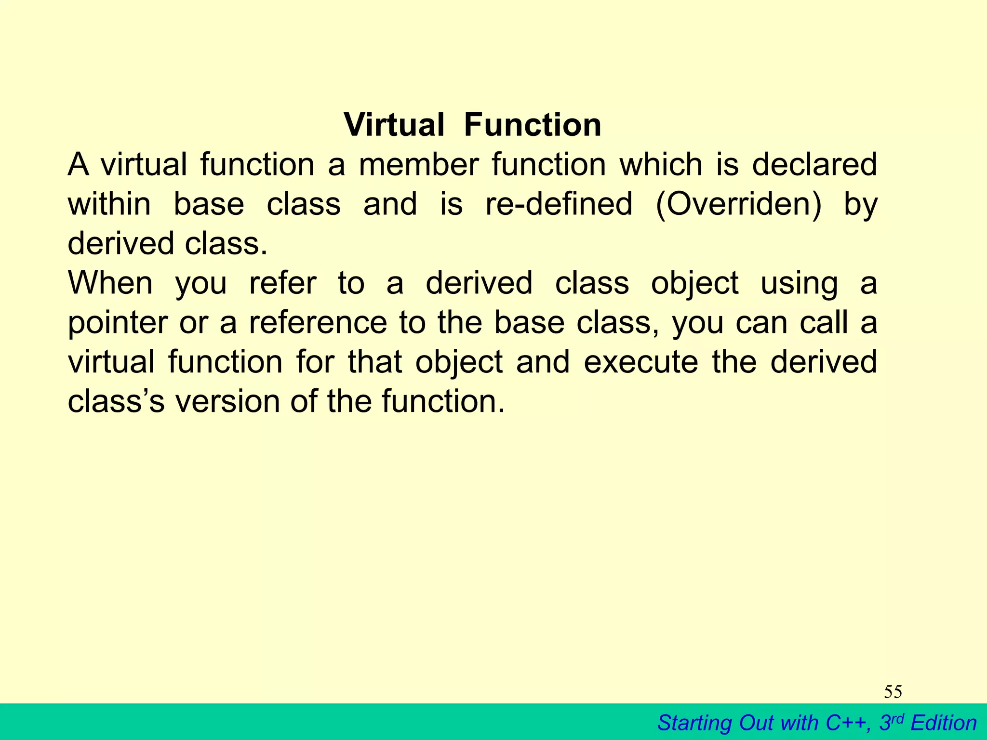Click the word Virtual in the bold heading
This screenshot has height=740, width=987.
pyautogui.click(x=394, y=125)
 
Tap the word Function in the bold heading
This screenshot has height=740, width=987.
pyautogui.click(x=533, y=125)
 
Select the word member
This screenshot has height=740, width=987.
pyautogui.click(x=418, y=165)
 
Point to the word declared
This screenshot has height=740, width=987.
pyautogui.click(x=814, y=165)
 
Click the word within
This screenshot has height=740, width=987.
pyautogui.click(x=109, y=204)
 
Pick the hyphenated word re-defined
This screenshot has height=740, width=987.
pyautogui.click(x=559, y=204)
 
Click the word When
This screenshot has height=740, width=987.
pyautogui.click(x=110, y=283)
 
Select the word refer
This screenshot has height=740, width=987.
pyautogui.click(x=283, y=283)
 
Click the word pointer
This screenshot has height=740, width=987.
pyautogui.click(x=118, y=323)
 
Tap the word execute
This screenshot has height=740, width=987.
pyautogui.click(x=640, y=362)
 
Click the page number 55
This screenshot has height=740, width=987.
pyautogui.click(x=893, y=692)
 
